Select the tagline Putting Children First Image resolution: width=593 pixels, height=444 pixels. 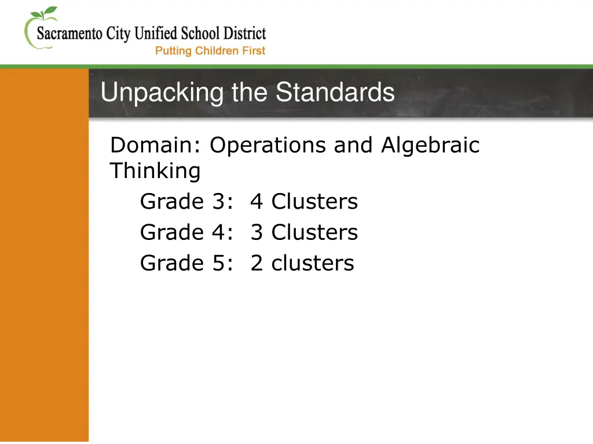tap(210, 51)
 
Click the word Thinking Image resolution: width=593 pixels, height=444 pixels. tap(155, 172)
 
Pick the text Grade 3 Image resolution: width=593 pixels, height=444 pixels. tap(184, 202)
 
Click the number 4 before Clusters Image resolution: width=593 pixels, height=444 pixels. tap(257, 202)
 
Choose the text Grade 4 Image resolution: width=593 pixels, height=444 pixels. tap(184, 232)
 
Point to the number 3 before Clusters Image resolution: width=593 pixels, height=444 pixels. tap(257, 232)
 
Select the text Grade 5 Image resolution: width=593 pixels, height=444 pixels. tap(184, 263)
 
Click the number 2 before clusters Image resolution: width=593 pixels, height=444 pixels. tap(257, 263)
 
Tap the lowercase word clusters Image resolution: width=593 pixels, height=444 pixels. tap(313, 263)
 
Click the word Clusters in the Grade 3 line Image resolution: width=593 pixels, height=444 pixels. tap(315, 202)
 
